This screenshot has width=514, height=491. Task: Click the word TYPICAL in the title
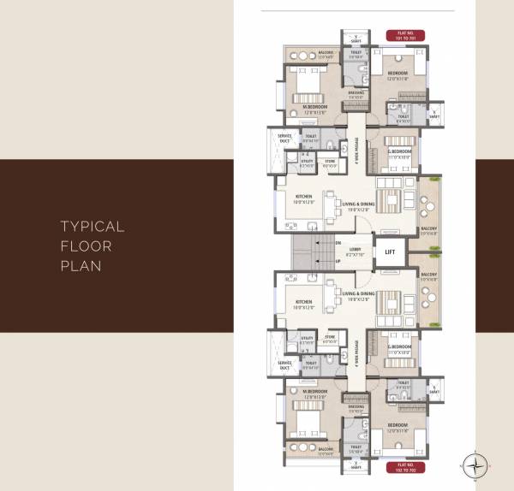pos(92,227)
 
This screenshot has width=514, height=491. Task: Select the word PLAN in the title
pos(81,265)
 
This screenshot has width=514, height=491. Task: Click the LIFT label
pos(390,251)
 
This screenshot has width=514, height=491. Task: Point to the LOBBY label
pos(354,251)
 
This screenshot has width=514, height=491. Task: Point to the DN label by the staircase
pos(314,242)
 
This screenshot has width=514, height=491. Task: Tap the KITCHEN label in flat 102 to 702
pos(303,302)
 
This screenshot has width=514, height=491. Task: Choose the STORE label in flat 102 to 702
pos(330,337)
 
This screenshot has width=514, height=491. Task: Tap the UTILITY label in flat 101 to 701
pos(307,160)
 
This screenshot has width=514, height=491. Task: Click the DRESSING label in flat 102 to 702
pos(356,406)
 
